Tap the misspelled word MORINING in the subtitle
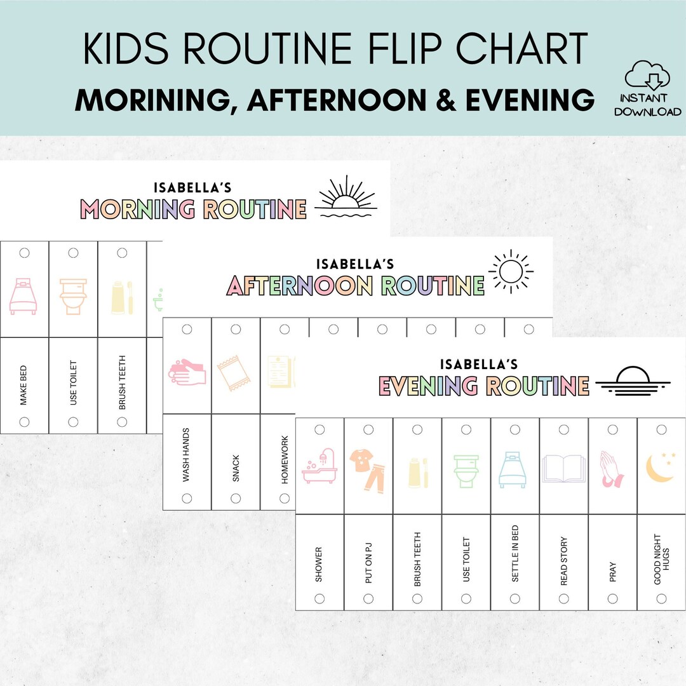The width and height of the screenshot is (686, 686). (156, 100)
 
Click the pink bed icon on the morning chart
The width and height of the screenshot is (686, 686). (24, 297)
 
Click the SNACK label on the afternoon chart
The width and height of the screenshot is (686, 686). (236, 468)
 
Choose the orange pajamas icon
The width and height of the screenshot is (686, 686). (368, 469)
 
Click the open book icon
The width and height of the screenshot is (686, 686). (563, 467)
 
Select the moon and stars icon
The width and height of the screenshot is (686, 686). (661, 466)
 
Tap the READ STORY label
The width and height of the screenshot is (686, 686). (564, 561)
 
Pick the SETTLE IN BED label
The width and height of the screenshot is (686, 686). (515, 560)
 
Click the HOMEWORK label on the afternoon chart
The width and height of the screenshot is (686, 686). (285, 459)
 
